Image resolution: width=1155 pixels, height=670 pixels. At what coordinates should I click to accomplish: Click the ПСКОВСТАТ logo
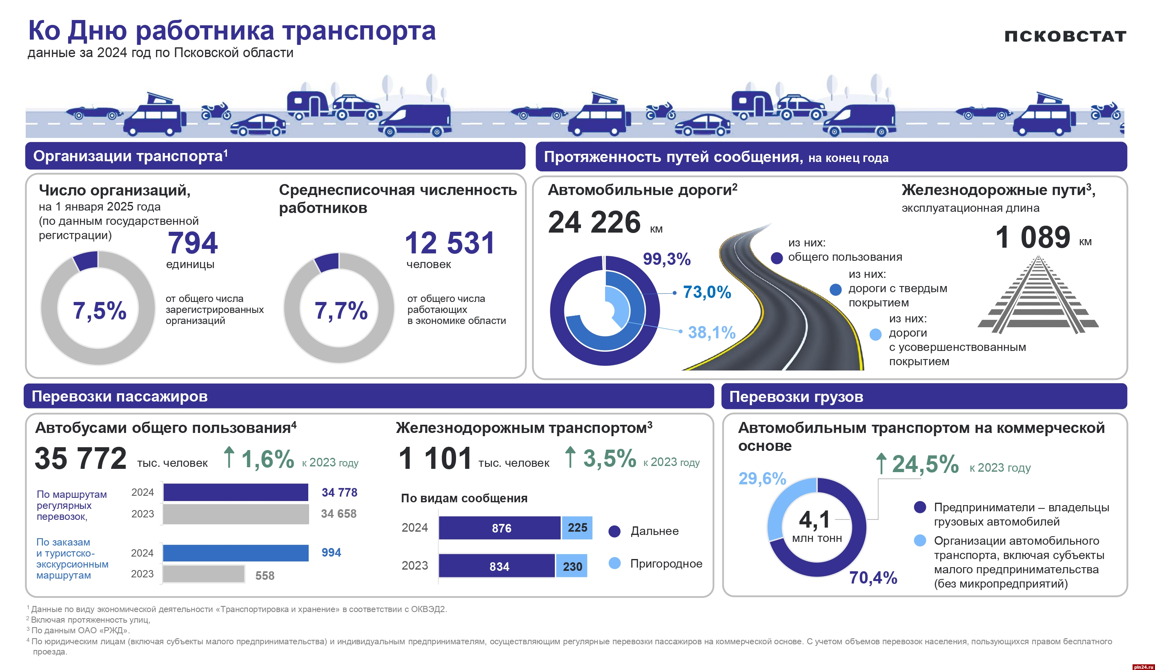(1065, 36)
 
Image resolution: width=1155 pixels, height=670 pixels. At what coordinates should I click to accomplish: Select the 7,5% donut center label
(100, 311)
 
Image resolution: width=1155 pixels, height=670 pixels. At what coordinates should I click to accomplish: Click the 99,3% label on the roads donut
(666, 259)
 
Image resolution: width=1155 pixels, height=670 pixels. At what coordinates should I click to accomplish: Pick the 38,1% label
(711, 333)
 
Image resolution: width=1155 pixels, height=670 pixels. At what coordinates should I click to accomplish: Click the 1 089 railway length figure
(1032, 237)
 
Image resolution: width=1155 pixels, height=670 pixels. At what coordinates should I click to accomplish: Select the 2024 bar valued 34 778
(236, 493)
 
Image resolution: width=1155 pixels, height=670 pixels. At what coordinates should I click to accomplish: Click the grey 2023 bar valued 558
(203, 574)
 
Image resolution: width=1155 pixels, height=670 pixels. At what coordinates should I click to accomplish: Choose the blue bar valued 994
(236, 553)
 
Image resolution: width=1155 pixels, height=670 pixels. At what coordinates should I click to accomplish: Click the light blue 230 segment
(572, 566)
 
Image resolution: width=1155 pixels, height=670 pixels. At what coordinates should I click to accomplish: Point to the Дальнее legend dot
(614, 531)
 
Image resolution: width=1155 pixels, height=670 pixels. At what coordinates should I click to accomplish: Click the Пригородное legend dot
(614, 563)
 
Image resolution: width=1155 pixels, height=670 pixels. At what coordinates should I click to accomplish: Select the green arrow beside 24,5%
(881, 464)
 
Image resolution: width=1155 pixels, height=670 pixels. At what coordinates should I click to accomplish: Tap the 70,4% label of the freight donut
(872, 577)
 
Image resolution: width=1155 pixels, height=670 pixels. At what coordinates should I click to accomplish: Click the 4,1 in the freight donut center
(814, 519)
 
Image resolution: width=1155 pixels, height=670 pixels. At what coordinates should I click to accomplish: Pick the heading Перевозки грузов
(796, 397)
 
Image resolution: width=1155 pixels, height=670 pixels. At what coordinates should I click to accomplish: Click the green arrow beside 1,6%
(229, 457)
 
